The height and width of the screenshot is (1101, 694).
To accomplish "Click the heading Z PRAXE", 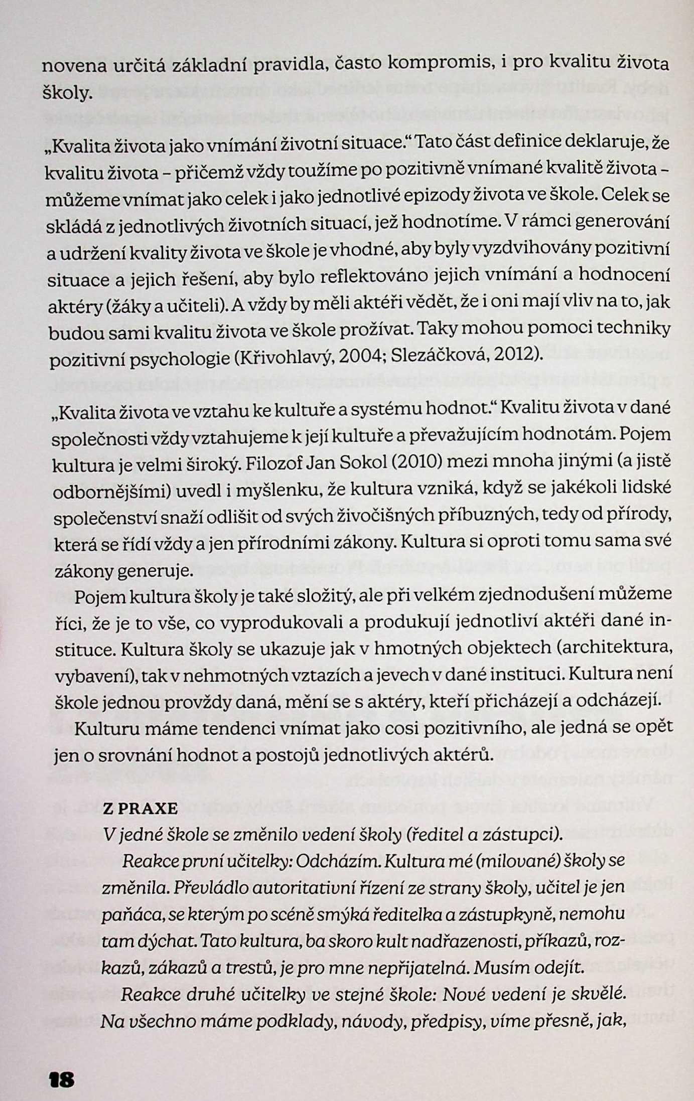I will coord(140,809).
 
